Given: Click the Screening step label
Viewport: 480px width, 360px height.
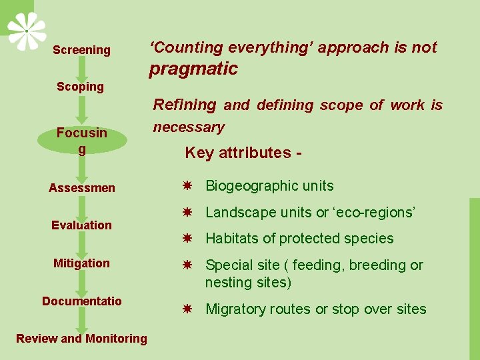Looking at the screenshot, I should point(81,50).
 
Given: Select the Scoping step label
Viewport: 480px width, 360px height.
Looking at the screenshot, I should point(80,87).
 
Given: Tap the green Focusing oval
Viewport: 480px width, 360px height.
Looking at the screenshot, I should point(81,140).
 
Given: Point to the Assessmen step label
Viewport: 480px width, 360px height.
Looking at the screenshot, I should point(81,188).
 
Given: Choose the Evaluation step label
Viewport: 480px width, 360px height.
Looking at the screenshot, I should point(81,225).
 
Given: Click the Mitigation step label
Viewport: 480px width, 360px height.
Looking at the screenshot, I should point(81,263).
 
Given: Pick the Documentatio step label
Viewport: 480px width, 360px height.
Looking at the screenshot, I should point(81,301).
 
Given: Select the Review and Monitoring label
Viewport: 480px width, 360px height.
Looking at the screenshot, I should point(81,339).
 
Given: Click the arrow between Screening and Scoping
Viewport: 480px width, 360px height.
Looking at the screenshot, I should point(81,68).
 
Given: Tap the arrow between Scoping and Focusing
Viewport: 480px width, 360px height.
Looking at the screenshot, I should point(81,108).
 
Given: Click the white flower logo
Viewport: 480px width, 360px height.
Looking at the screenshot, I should point(27,31).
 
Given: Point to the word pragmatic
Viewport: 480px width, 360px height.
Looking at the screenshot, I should point(193,69).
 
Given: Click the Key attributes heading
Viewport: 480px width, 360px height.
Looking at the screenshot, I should point(243,153).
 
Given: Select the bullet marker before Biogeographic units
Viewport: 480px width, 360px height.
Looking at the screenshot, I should point(189,186).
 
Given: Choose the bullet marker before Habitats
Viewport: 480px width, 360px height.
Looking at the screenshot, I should point(189,239).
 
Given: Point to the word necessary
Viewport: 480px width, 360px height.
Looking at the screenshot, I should point(189,127).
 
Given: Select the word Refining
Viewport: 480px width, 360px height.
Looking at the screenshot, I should point(185,105).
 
